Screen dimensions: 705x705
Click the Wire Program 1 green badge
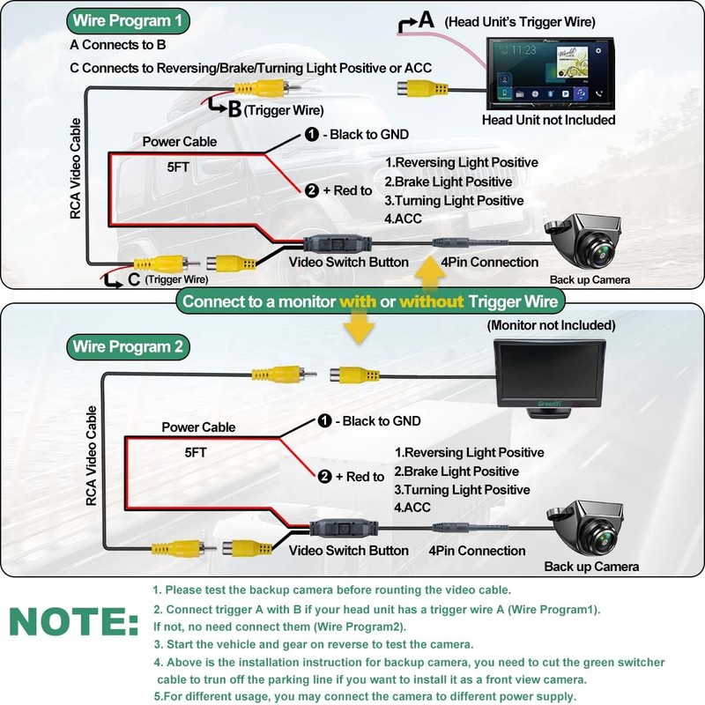(129, 21)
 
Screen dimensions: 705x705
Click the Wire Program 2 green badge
(129, 346)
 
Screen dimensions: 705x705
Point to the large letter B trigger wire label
(234, 108)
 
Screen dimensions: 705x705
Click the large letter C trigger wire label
(133, 279)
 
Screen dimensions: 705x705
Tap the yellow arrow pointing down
(356, 330)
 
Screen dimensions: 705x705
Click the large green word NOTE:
(74, 622)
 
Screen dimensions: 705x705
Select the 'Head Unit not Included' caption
(548, 120)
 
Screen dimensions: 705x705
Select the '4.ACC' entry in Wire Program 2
(412, 508)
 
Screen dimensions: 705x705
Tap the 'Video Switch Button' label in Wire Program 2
(350, 551)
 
